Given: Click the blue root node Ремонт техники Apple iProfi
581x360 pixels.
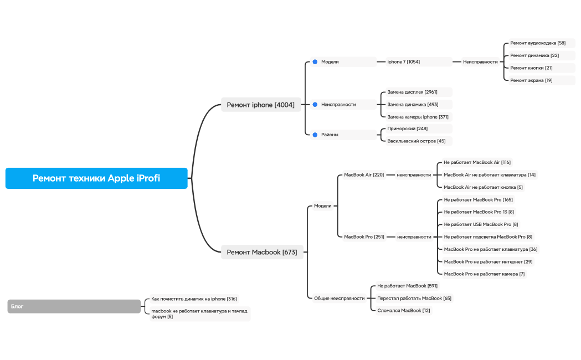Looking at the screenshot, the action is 96,178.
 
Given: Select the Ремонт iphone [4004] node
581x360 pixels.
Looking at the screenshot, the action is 261,105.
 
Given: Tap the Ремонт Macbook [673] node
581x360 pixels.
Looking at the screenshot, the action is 262,252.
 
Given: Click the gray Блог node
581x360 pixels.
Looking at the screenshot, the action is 74,306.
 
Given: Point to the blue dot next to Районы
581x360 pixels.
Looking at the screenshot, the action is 315,135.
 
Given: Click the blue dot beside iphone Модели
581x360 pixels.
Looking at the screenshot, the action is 315,62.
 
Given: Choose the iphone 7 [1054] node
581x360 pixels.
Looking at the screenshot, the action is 404,62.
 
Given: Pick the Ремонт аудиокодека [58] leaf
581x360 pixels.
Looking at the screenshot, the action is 538,43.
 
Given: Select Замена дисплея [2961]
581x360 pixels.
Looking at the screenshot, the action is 413,92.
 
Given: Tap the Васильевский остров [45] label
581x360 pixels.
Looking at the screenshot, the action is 417,141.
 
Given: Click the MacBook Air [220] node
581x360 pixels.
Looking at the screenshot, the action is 364,175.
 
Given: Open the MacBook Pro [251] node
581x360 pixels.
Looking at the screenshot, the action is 364,236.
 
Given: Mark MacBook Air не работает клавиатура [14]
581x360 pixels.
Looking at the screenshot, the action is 490,175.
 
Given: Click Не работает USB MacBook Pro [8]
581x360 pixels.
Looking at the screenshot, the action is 481,224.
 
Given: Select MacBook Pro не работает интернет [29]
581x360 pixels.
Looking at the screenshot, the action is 488,261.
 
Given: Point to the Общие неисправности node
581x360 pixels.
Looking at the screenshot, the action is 340,298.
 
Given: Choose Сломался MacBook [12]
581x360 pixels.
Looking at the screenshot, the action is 404,310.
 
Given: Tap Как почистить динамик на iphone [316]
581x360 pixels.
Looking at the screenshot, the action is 194,299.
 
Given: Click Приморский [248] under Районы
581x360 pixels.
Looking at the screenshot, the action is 408,128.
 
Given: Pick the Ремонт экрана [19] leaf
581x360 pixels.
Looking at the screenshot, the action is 531,80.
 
